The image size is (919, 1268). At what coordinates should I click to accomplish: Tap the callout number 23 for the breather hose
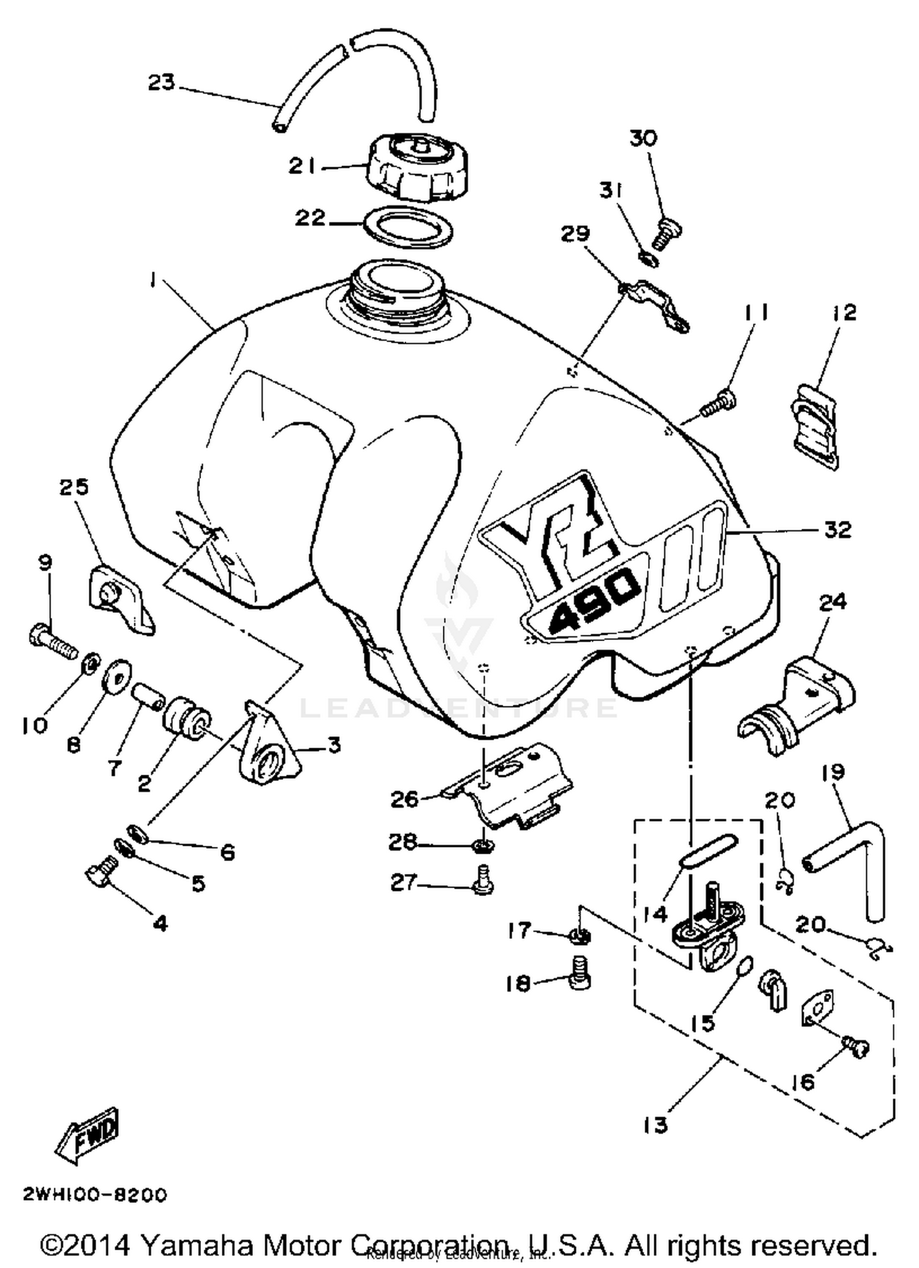[161, 83]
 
